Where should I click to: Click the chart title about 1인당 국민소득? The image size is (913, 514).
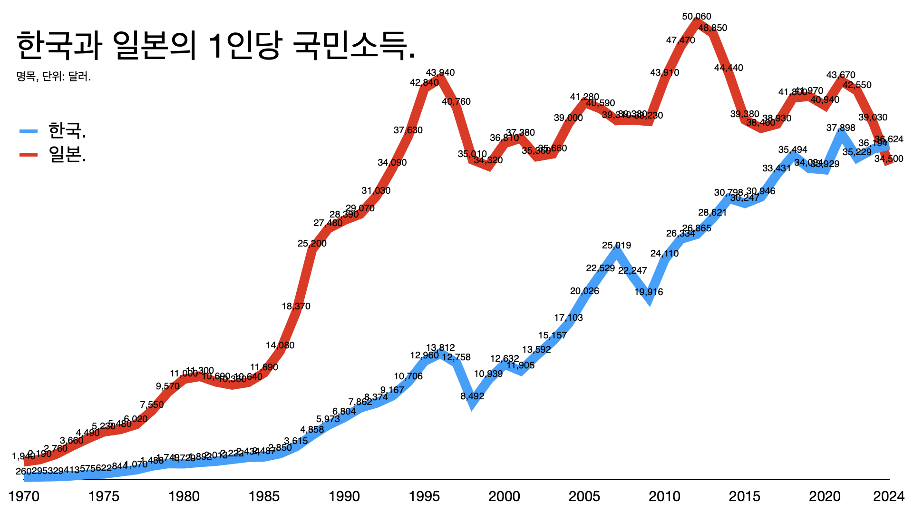(x=216, y=46)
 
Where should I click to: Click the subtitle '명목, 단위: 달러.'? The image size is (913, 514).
(x=53, y=76)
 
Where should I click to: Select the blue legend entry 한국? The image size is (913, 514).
(x=67, y=130)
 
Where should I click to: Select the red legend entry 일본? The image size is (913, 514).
(x=67, y=154)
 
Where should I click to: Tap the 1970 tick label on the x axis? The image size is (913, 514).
(x=24, y=496)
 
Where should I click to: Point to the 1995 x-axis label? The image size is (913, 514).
(x=424, y=496)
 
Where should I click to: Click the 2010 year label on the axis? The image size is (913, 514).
(x=664, y=496)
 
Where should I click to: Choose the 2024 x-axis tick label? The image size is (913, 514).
(x=888, y=496)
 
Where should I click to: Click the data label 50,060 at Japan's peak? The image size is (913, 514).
(x=697, y=17)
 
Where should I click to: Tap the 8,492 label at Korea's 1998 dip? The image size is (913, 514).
(x=472, y=396)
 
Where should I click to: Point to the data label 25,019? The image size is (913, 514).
(x=616, y=246)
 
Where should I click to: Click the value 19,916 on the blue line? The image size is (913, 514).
(x=649, y=292)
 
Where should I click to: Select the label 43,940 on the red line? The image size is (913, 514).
(x=440, y=73)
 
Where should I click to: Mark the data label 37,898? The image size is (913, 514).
(x=841, y=128)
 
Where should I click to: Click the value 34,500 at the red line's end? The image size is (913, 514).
(x=888, y=159)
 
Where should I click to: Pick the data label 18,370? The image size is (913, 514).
(x=296, y=306)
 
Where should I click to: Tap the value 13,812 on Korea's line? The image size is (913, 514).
(x=440, y=348)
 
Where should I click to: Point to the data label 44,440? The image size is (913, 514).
(x=728, y=68)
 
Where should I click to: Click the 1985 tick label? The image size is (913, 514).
(x=264, y=496)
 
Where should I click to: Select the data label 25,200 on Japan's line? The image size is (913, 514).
(x=312, y=244)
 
